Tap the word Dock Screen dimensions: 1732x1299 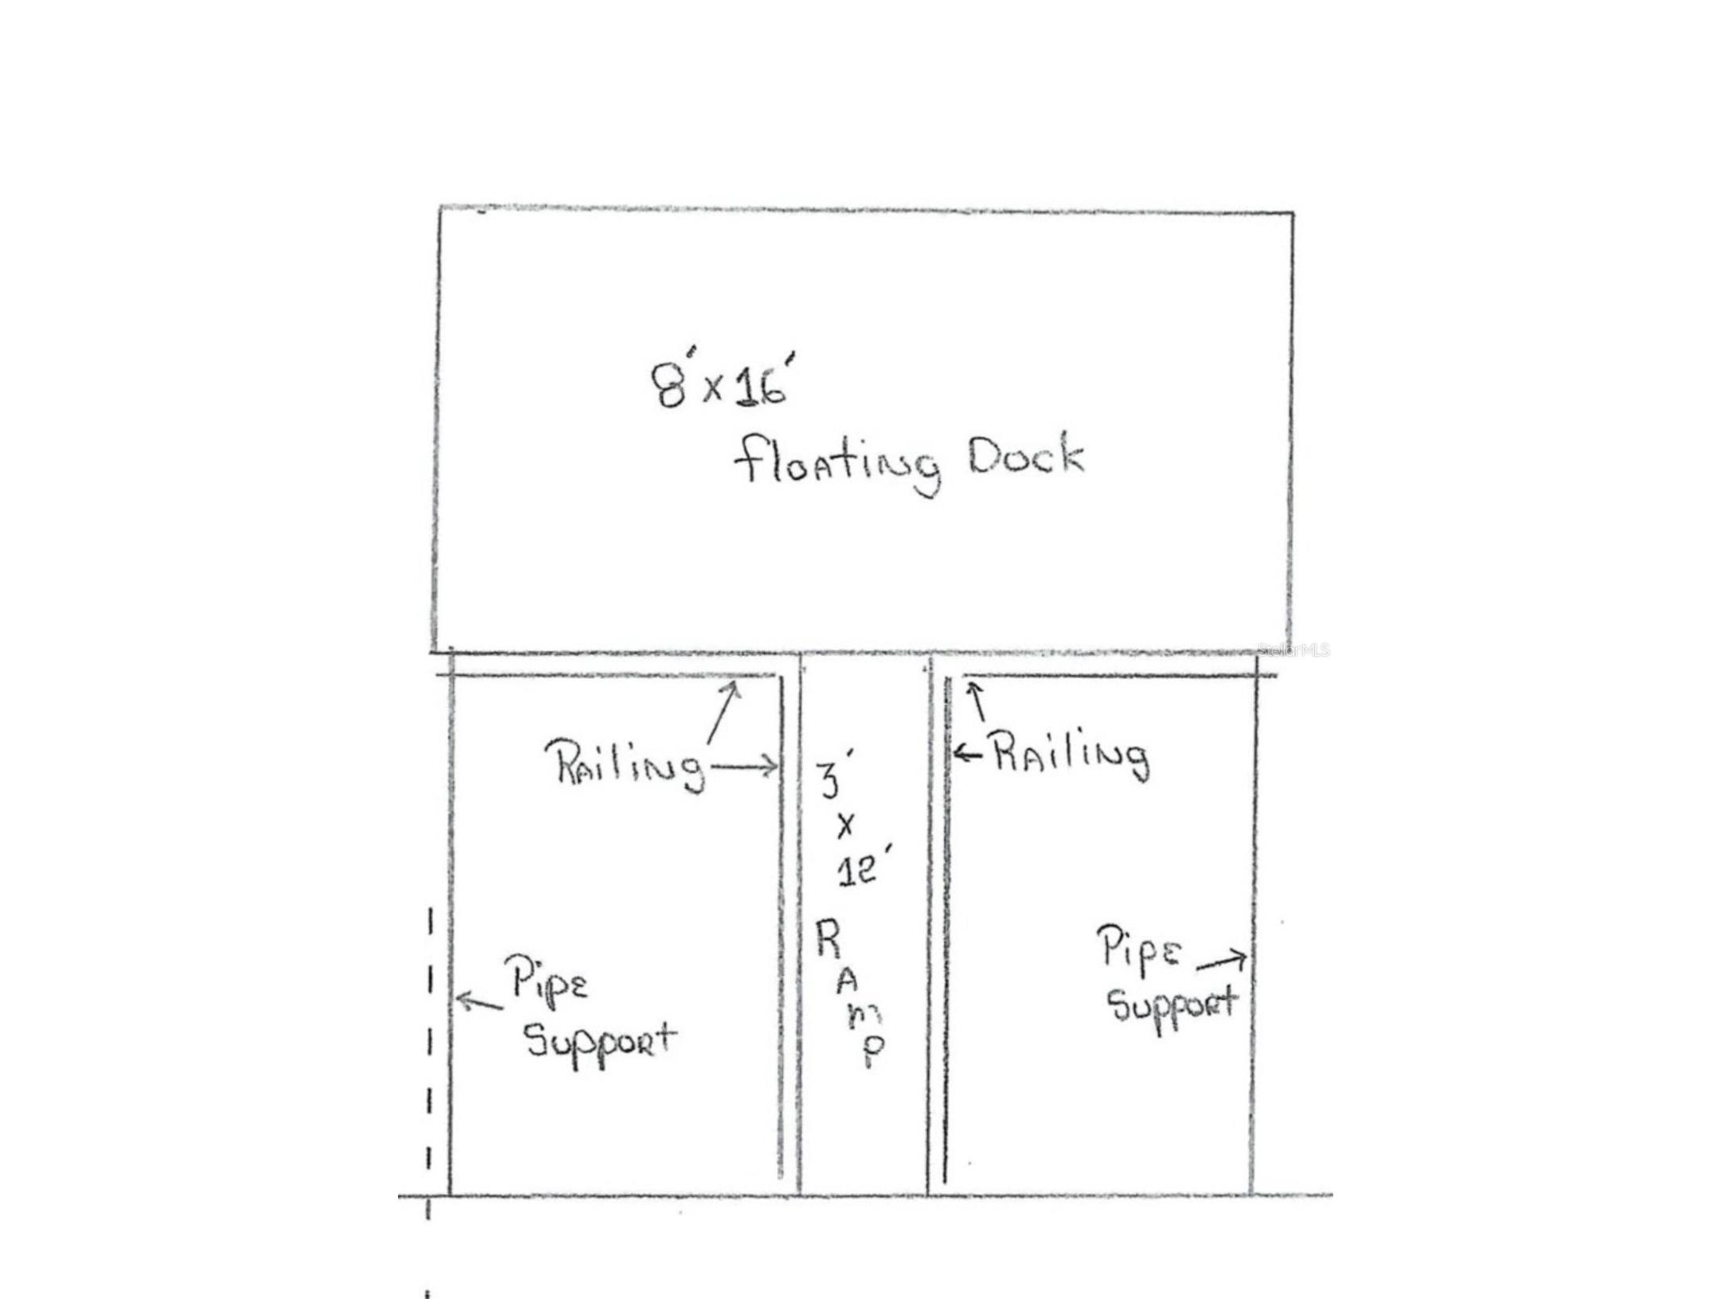1025,457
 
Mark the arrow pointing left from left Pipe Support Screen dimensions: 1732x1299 479,1001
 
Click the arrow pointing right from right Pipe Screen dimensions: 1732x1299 1222,961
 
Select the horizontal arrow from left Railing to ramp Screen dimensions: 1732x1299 744,767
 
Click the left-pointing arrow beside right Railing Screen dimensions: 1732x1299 969,753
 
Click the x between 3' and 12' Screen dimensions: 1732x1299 845,826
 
